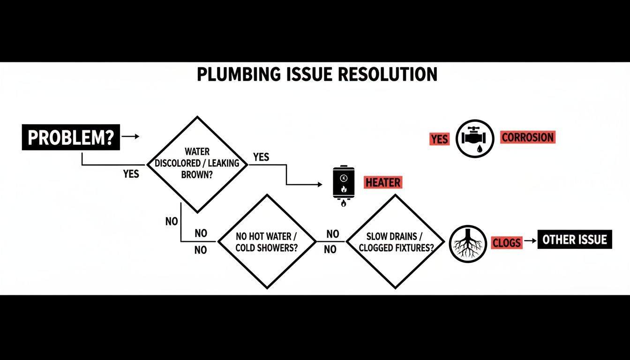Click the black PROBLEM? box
pos(70,137)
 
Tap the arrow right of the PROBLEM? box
pos(131,136)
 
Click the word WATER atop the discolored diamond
pos(197,152)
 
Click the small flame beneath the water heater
pos(344,203)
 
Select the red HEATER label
pos(383,183)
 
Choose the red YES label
pos(439,139)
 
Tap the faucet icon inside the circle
pos(475,137)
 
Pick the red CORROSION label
pos(528,137)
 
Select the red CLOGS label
pos(506,242)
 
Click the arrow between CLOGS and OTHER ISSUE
pos(530,241)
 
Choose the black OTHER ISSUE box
pos(574,240)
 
